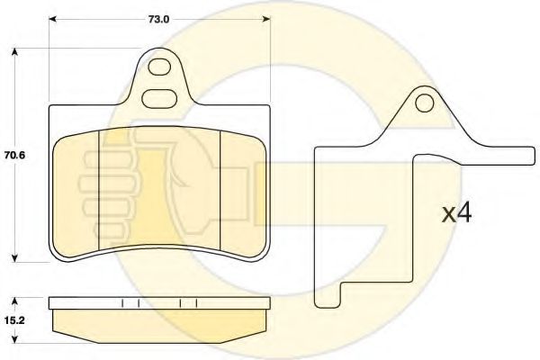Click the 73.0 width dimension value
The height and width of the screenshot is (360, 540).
[159, 19]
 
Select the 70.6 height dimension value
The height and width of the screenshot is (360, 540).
[14, 156]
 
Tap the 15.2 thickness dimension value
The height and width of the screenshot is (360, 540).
[14, 320]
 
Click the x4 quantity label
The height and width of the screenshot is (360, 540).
[456, 214]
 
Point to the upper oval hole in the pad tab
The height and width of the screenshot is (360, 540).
[159, 66]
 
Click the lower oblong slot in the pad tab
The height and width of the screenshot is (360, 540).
[159, 99]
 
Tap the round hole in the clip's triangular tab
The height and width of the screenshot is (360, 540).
[424, 103]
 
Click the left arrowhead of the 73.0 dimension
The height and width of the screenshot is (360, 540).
[52, 19]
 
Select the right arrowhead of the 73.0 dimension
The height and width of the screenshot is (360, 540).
[266, 19]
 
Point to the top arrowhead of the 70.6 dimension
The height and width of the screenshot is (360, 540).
[14, 51]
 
